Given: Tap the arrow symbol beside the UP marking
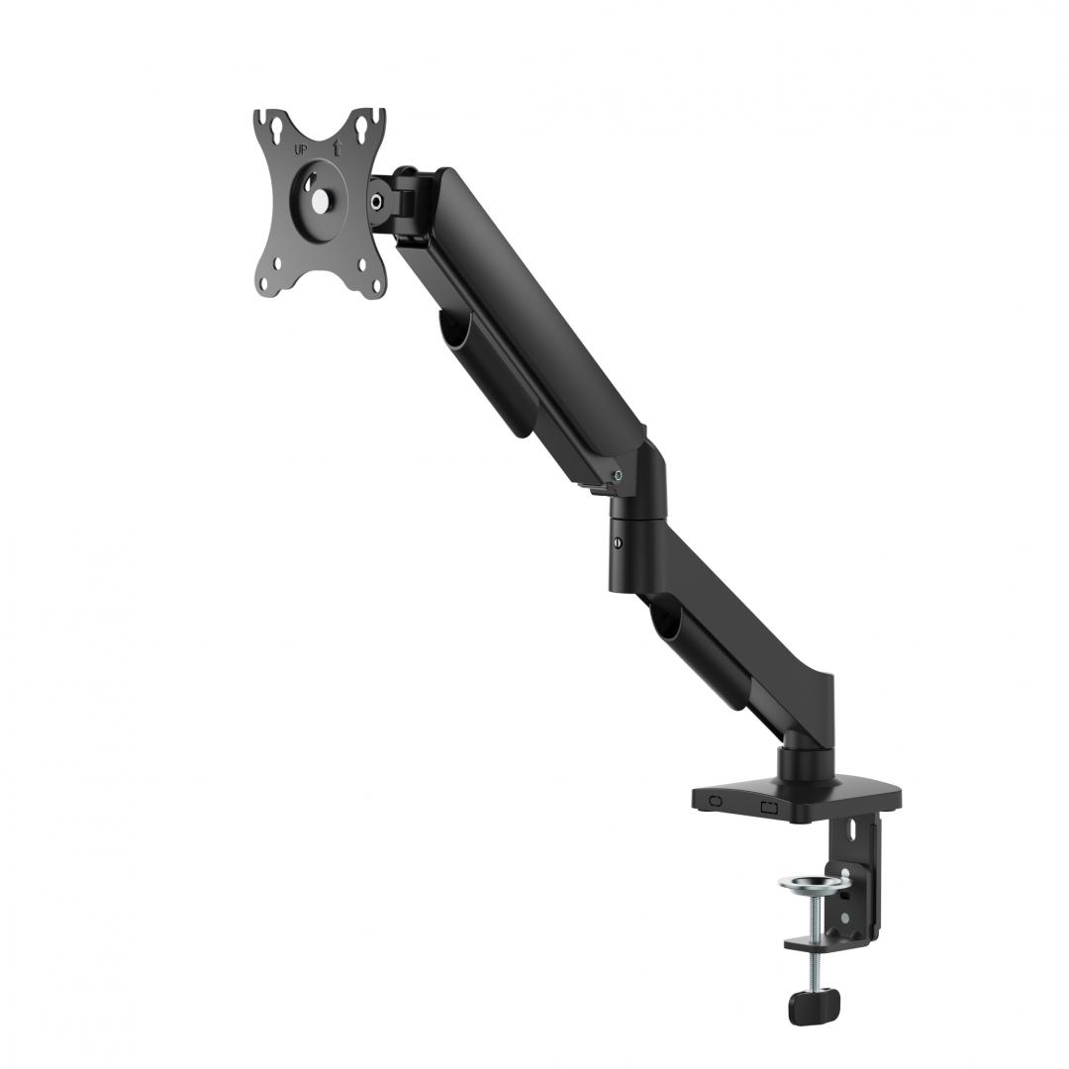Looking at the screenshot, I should click(x=336, y=148).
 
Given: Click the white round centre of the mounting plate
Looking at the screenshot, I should click(x=320, y=198).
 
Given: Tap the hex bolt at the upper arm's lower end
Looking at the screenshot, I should click(x=619, y=475).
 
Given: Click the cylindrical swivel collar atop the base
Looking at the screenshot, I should click(x=799, y=765).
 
